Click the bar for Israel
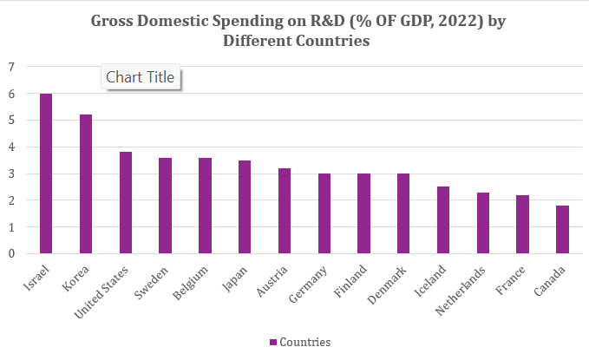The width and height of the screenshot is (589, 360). [46, 173]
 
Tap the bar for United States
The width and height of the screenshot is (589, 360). [126, 203]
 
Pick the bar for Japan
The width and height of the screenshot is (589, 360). [245, 207]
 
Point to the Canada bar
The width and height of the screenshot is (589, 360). [562, 230]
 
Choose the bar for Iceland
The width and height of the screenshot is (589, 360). [443, 220]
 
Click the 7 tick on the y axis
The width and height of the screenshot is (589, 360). [11, 67]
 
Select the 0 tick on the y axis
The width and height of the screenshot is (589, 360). [11, 254]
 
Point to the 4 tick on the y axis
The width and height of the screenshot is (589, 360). [11, 147]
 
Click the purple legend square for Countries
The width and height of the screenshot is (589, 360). [272, 343]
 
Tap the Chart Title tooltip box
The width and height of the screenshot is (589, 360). [141, 77]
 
